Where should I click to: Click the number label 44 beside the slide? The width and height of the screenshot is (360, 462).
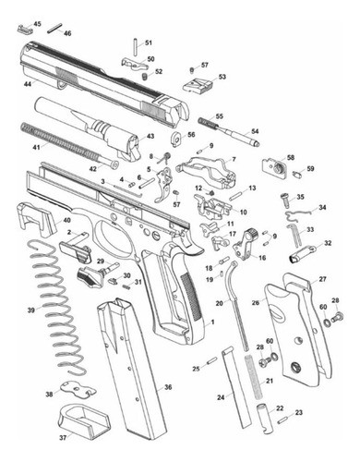coord(29,84)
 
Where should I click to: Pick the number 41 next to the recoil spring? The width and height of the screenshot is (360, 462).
coord(36,147)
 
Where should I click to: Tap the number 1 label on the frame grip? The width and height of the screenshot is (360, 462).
coord(211,322)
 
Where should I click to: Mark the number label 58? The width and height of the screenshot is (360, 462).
coord(291,158)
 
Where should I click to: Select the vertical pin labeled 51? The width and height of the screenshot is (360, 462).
coord(137,44)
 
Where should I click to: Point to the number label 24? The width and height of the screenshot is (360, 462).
coord(221,397)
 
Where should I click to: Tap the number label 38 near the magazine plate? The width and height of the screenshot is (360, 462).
coord(49,395)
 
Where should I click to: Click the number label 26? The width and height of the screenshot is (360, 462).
coord(255,302)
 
